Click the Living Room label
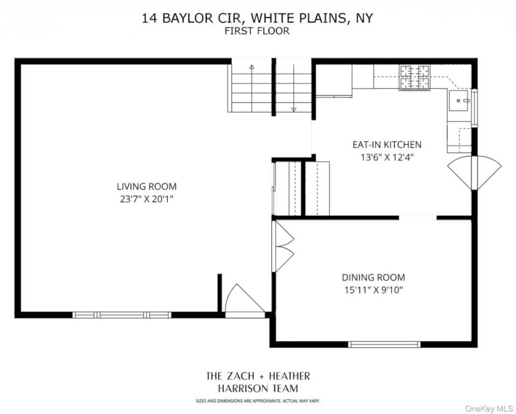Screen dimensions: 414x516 pos(146,187)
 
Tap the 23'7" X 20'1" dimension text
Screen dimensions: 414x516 pos(146,199)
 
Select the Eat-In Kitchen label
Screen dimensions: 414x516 pos(387,144)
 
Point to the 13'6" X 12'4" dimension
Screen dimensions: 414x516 pos(387,157)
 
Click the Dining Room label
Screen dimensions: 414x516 pos(373,278)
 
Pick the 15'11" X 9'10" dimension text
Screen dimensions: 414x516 pos(373,291)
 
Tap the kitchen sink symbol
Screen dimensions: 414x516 pos(459,100)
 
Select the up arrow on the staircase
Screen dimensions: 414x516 pos(252,68)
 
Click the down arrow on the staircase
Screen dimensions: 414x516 pos(294,108)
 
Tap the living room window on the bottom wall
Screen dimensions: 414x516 pos(122,315)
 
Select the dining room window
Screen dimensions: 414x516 pos(384,344)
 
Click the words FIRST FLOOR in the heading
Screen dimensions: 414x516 pos(258,31)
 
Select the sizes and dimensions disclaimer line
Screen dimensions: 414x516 pos(258,401)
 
